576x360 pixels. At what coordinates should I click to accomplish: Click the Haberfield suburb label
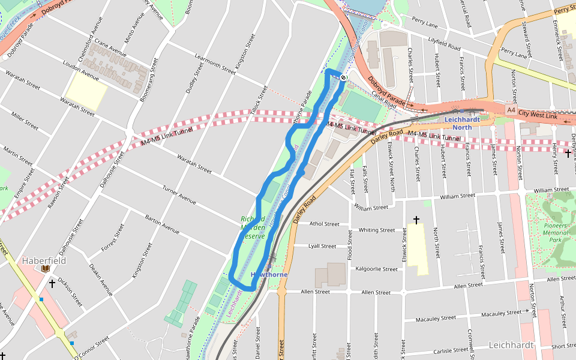point(44,261)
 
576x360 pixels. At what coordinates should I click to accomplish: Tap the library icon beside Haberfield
point(45,269)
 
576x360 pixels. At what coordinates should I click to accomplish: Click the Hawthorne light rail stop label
point(269,275)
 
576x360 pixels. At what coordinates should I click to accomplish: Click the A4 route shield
point(510,110)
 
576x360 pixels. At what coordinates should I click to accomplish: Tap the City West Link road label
point(539,114)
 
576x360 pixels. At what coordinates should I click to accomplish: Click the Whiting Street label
point(377,230)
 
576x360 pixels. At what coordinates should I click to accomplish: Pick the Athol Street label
point(325,224)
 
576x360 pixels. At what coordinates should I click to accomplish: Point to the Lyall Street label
point(322,246)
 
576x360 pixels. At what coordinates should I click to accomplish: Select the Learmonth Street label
point(215,64)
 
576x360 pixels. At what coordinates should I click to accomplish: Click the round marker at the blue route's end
point(343,77)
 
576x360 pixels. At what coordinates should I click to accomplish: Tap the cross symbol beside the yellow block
point(415,220)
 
